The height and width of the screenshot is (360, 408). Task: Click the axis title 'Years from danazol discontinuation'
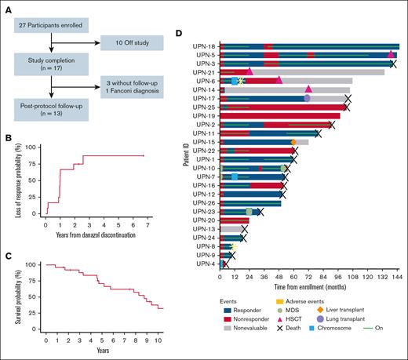[94, 235]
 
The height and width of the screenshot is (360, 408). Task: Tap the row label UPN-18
[206, 47]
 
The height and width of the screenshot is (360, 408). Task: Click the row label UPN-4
[208, 264]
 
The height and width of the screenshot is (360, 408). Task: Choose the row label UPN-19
[206, 116]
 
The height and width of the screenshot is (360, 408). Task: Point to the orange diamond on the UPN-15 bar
[293, 142]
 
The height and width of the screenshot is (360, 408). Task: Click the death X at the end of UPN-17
[348, 99]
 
